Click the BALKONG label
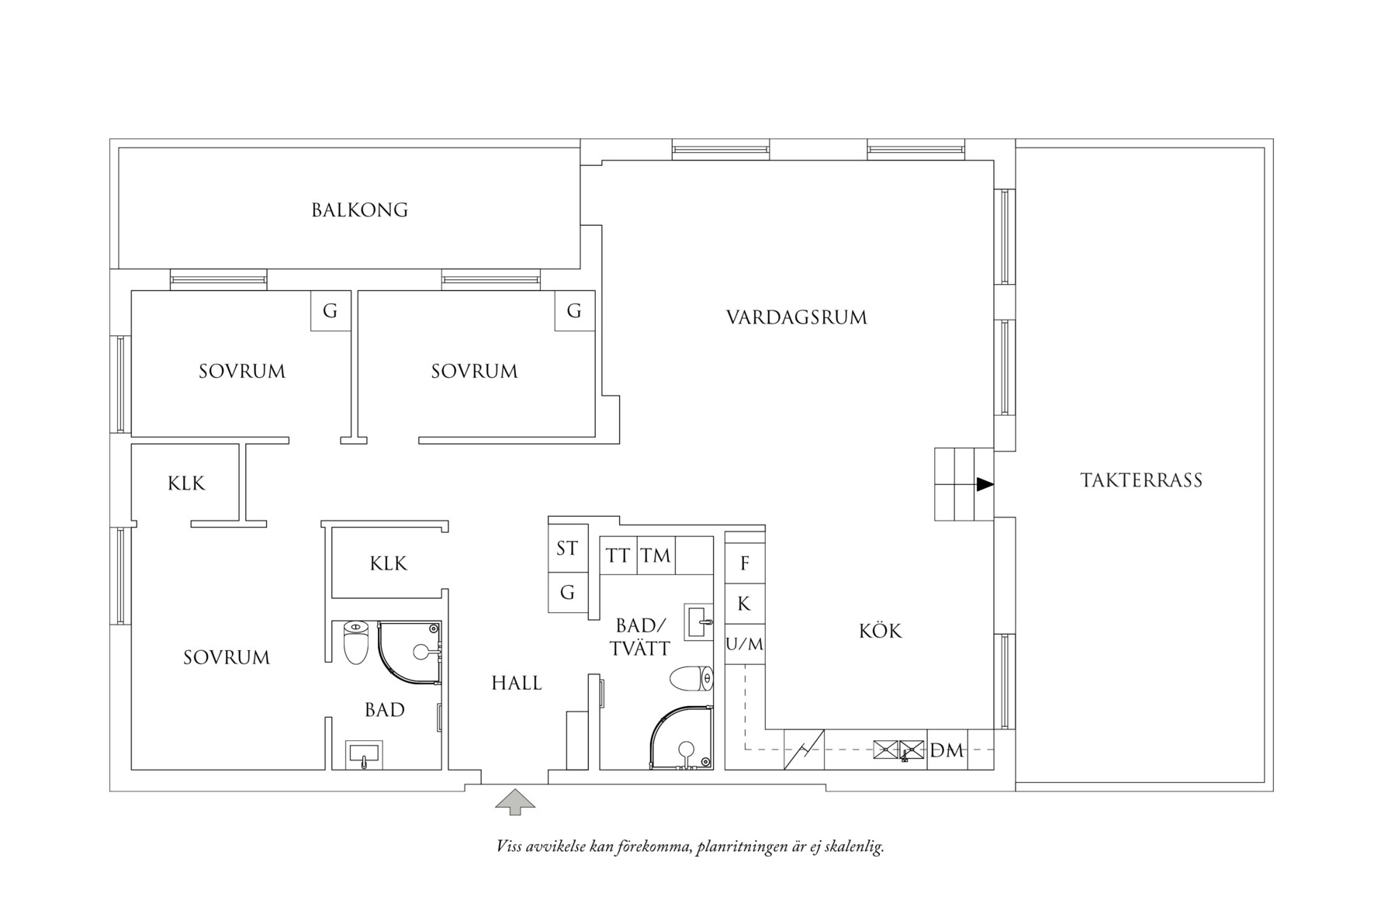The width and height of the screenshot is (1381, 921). [359, 210]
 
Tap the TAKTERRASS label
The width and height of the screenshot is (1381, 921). [1141, 480]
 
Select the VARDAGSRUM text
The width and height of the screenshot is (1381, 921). [797, 317]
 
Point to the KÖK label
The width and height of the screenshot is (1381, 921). [881, 631]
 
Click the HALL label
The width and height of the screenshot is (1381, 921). [517, 684]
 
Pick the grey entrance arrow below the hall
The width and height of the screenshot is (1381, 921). [515, 802]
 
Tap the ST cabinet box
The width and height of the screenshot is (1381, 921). [568, 549]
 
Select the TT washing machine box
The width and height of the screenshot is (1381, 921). [618, 556]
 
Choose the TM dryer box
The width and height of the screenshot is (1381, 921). [656, 556]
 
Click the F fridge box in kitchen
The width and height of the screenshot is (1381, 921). [745, 563]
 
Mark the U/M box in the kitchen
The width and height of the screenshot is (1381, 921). [745, 644]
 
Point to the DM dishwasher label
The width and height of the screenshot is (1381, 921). [947, 750]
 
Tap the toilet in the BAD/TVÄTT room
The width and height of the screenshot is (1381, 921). [692, 679]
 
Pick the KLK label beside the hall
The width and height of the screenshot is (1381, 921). [389, 563]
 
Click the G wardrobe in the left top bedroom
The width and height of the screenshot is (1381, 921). [331, 311]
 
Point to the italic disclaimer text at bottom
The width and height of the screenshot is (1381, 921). [690, 847]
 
